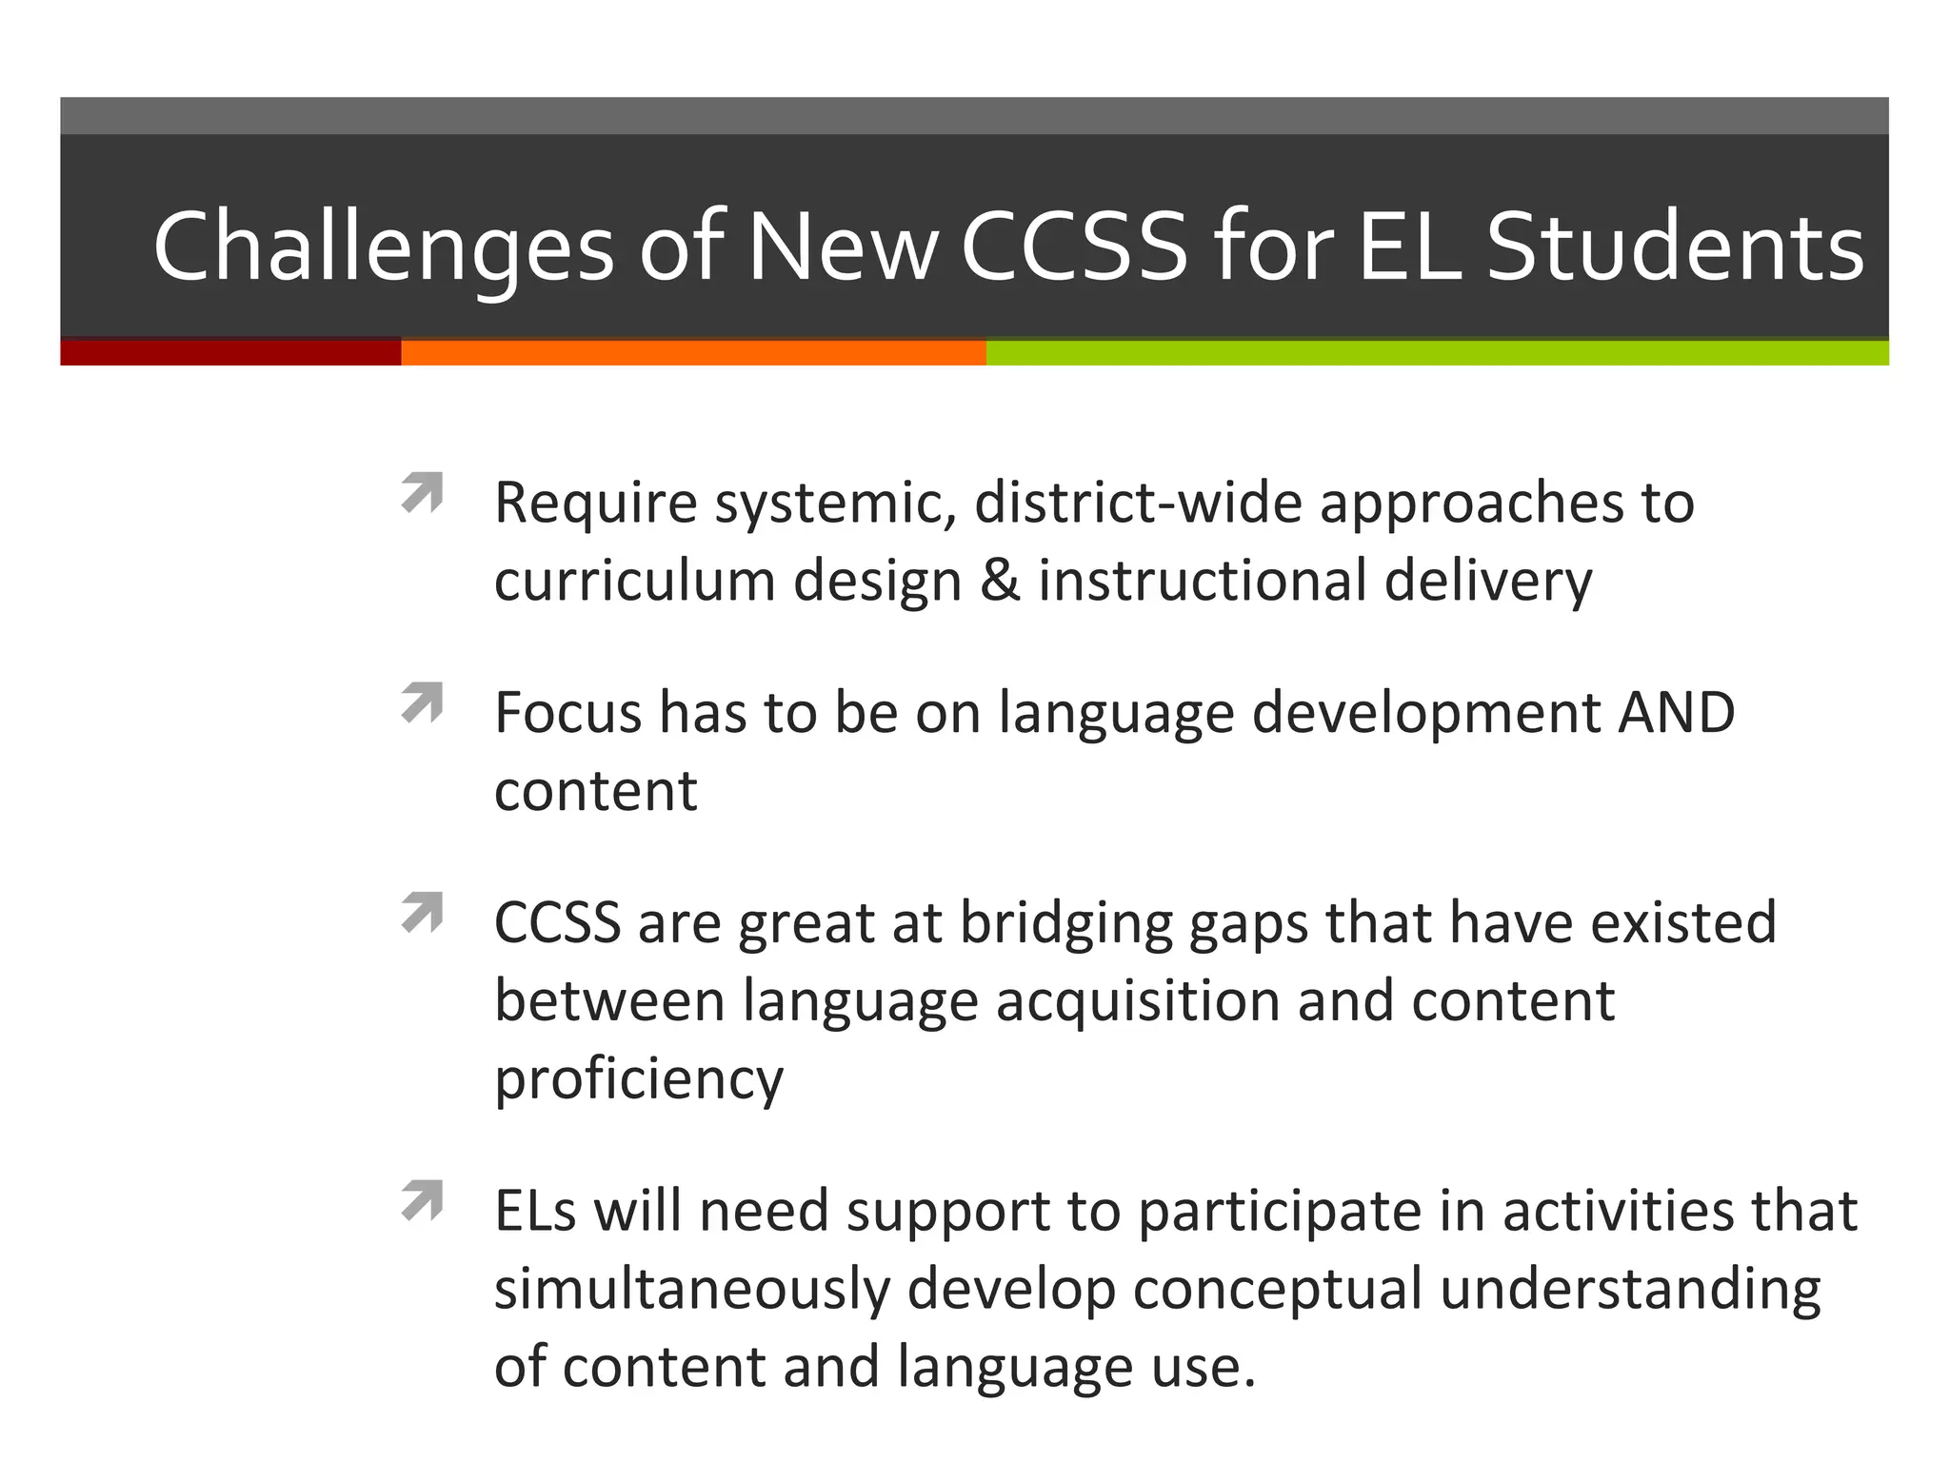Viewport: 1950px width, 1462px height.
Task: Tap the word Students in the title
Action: (x=1675, y=247)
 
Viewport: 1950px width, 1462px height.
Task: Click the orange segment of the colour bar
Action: (x=693, y=353)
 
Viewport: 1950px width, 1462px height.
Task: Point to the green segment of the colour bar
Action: (x=1437, y=353)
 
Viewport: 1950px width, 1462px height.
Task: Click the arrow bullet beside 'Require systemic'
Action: (x=423, y=492)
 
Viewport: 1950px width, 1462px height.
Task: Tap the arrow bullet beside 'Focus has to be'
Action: (x=423, y=702)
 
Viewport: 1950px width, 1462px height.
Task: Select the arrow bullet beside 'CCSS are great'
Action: (x=423, y=912)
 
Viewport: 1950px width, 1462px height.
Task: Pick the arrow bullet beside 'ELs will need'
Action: (x=423, y=1200)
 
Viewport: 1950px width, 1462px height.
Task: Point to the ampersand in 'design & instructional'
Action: (x=1000, y=581)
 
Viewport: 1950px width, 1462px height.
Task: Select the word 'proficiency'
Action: (x=639, y=1079)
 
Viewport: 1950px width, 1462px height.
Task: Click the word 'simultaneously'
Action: (x=692, y=1290)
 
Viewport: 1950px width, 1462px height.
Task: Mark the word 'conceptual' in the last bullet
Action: (x=1277, y=1290)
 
